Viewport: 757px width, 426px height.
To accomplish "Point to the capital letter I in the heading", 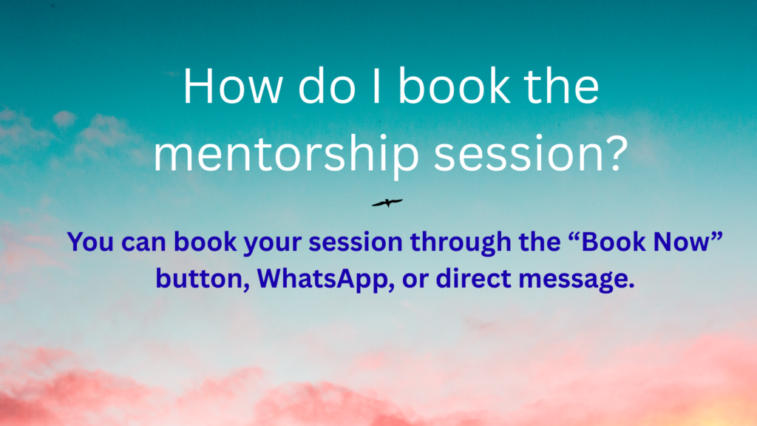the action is point(376,87).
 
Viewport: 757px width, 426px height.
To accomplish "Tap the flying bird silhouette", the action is point(387,203).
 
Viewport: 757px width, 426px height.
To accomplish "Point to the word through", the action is point(461,243).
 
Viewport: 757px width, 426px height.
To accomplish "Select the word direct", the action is point(474,279).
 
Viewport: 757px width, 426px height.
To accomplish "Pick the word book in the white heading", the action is point(454,87).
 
